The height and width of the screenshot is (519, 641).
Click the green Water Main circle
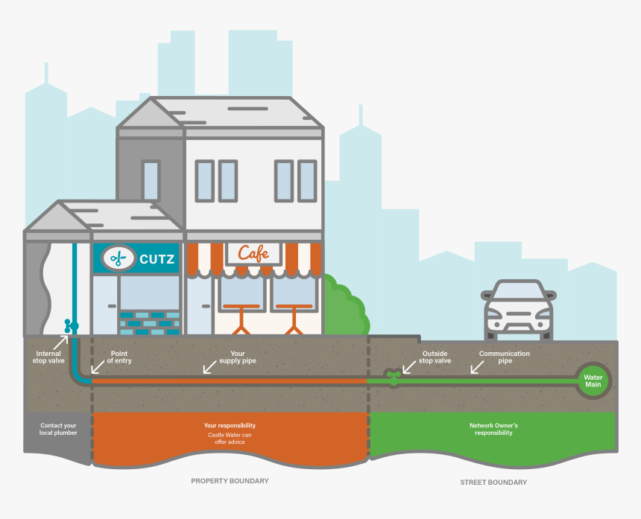(593, 381)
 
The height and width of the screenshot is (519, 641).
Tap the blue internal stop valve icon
(71, 326)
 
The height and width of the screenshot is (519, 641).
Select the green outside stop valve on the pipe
(393, 378)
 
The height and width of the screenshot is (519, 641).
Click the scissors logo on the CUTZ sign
(119, 258)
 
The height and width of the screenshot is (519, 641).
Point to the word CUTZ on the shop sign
(157, 259)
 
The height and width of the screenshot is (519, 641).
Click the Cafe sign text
(253, 253)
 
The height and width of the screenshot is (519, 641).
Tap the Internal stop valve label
(48, 357)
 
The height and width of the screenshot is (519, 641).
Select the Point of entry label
(119, 357)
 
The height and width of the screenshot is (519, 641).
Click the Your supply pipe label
(238, 357)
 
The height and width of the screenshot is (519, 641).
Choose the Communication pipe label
(505, 357)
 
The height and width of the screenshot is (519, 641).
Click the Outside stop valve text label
(435, 357)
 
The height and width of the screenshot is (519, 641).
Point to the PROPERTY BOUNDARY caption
(230, 481)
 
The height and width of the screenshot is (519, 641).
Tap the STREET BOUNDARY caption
(493, 483)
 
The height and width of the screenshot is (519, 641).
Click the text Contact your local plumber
(58, 429)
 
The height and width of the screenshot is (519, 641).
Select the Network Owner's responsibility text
(493, 429)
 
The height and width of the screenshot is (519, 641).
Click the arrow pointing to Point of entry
(98, 366)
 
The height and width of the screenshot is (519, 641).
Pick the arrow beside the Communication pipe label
(477, 366)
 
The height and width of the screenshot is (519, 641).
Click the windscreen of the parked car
(518, 290)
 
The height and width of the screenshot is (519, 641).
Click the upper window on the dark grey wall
(151, 181)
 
